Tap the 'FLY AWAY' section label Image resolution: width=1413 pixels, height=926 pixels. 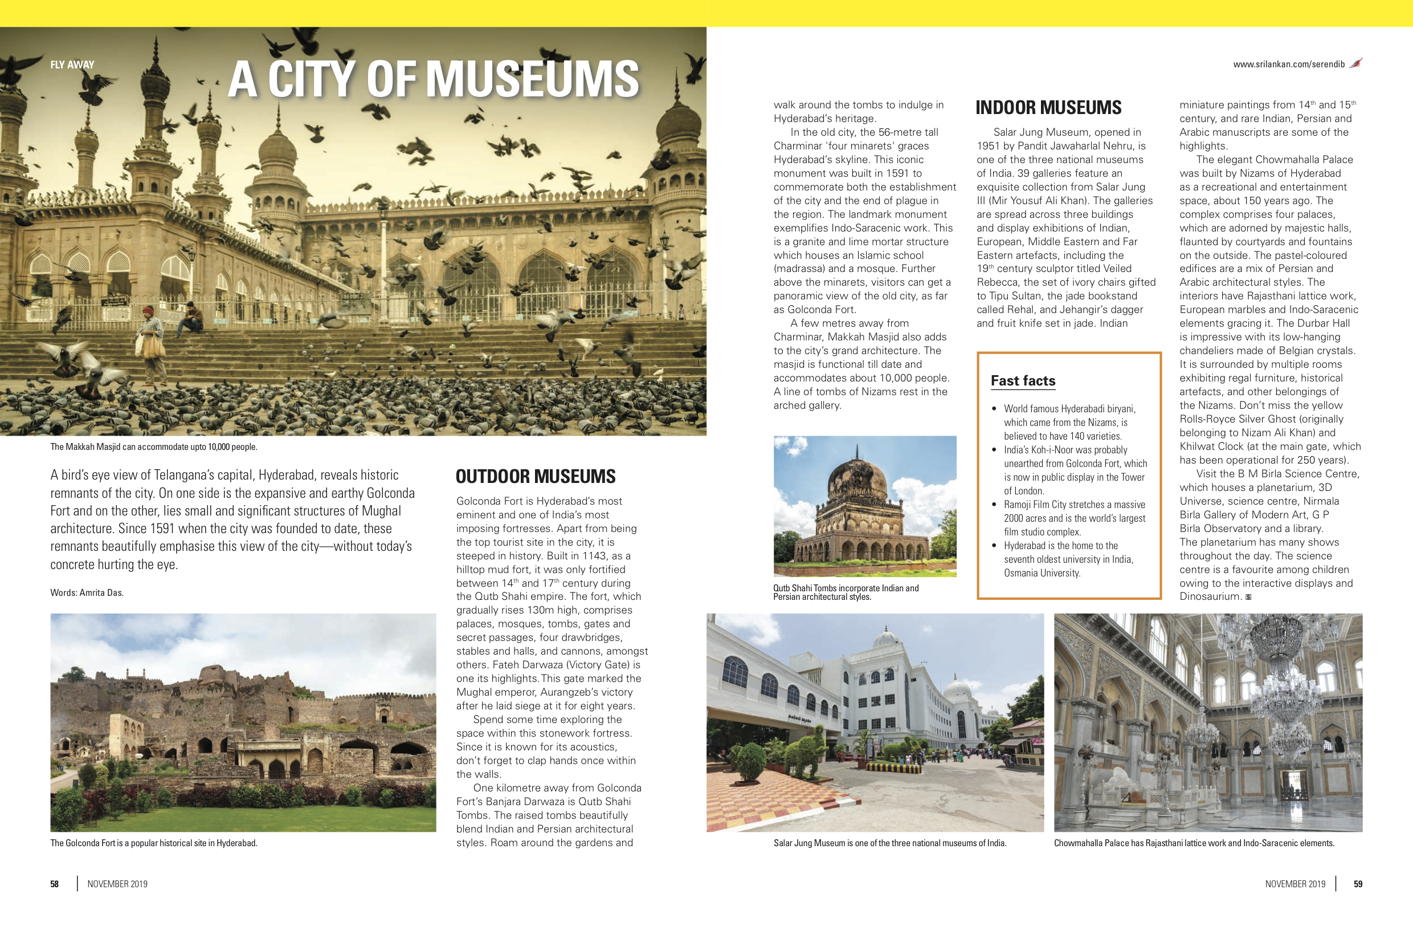pyautogui.click(x=72, y=65)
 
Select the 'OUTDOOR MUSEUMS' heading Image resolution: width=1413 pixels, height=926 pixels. pyautogui.click(x=536, y=476)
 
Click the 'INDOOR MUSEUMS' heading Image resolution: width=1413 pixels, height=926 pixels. pyautogui.click(x=1048, y=108)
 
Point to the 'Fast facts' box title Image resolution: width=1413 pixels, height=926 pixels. pyautogui.click(x=1023, y=381)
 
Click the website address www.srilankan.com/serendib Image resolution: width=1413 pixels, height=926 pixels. pyautogui.click(x=1288, y=64)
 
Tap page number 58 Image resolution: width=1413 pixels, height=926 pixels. pyautogui.click(x=55, y=884)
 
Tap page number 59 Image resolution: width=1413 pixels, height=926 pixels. pyautogui.click(x=1358, y=884)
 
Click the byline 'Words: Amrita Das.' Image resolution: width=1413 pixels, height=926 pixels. pyautogui.click(x=87, y=592)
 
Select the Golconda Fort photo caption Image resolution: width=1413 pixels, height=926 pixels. pyautogui.click(x=154, y=843)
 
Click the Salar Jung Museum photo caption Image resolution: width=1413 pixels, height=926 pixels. pyautogui.click(x=890, y=843)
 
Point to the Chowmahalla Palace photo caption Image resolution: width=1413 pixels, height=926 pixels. pyautogui.click(x=1194, y=843)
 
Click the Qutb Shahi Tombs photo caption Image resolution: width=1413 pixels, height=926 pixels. pyautogui.click(x=846, y=592)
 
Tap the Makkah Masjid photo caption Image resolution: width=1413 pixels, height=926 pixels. pyautogui.click(x=154, y=446)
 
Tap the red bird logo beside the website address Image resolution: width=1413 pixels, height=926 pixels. pyautogui.click(x=1355, y=63)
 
